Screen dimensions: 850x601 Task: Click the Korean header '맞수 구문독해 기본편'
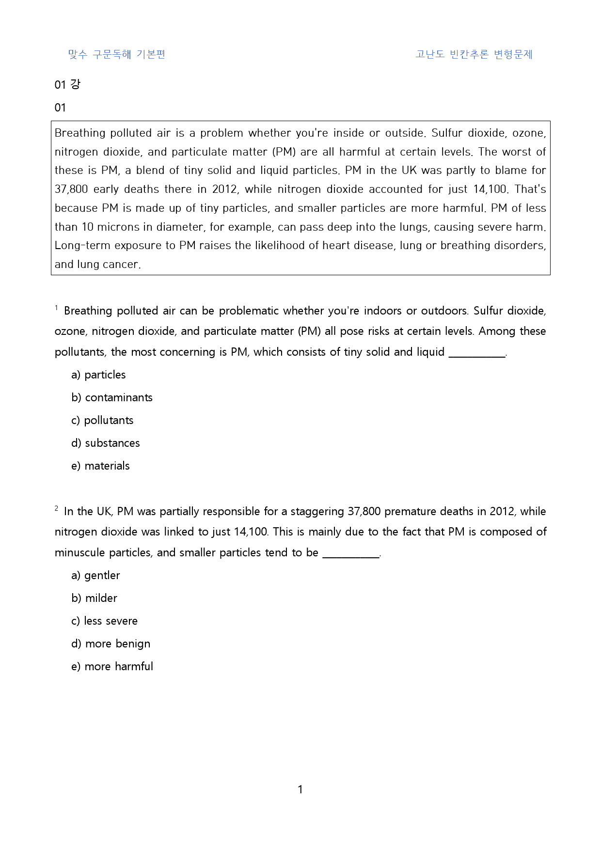point(117,54)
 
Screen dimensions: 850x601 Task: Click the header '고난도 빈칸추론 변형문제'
point(474,54)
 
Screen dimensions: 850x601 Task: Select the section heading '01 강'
point(67,85)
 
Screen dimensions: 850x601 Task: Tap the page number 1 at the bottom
point(300,789)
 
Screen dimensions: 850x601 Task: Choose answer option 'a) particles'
point(98,375)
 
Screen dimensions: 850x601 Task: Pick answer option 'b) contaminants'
point(112,397)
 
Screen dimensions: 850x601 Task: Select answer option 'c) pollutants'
point(102,420)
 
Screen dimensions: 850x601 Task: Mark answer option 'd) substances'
point(106,443)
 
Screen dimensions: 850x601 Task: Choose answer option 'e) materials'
point(100,466)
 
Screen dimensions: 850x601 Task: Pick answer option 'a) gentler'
point(95,575)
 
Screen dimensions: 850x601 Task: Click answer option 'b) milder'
point(95,598)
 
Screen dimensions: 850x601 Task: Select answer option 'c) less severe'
point(104,621)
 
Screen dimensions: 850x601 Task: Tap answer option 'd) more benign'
point(111,644)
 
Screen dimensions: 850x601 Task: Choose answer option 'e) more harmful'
point(112,666)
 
